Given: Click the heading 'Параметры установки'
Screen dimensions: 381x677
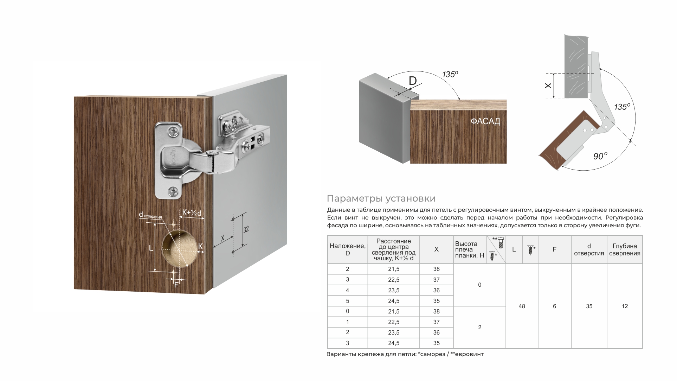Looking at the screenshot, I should point(381,198).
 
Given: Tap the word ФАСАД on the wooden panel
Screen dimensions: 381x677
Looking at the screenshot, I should point(485,121).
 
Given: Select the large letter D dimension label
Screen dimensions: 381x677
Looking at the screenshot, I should point(413,81).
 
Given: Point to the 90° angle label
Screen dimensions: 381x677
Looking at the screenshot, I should point(600,156).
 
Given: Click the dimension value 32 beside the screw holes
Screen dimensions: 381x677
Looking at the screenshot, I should point(246,230).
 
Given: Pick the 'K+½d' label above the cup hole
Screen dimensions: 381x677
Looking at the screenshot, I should point(192,213).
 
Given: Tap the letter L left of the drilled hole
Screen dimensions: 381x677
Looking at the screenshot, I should point(151,248).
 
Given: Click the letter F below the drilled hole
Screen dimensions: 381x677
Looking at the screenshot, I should point(176,285).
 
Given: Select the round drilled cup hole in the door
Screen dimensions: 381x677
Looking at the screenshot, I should point(179,248).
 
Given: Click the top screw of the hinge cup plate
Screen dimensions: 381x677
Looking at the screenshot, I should point(174,133).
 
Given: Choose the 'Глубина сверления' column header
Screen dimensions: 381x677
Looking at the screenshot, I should point(625,249).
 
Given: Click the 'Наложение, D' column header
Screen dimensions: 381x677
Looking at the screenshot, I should point(347,249).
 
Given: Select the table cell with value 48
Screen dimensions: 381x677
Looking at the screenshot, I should point(522,306).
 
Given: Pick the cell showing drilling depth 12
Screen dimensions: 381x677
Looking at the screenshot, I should point(625,306).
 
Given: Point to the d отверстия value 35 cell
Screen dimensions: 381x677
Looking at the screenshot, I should point(589,306).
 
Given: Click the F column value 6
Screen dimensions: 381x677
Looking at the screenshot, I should point(554,306).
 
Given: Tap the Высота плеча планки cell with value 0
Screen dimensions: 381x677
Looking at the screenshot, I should point(479,285).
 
